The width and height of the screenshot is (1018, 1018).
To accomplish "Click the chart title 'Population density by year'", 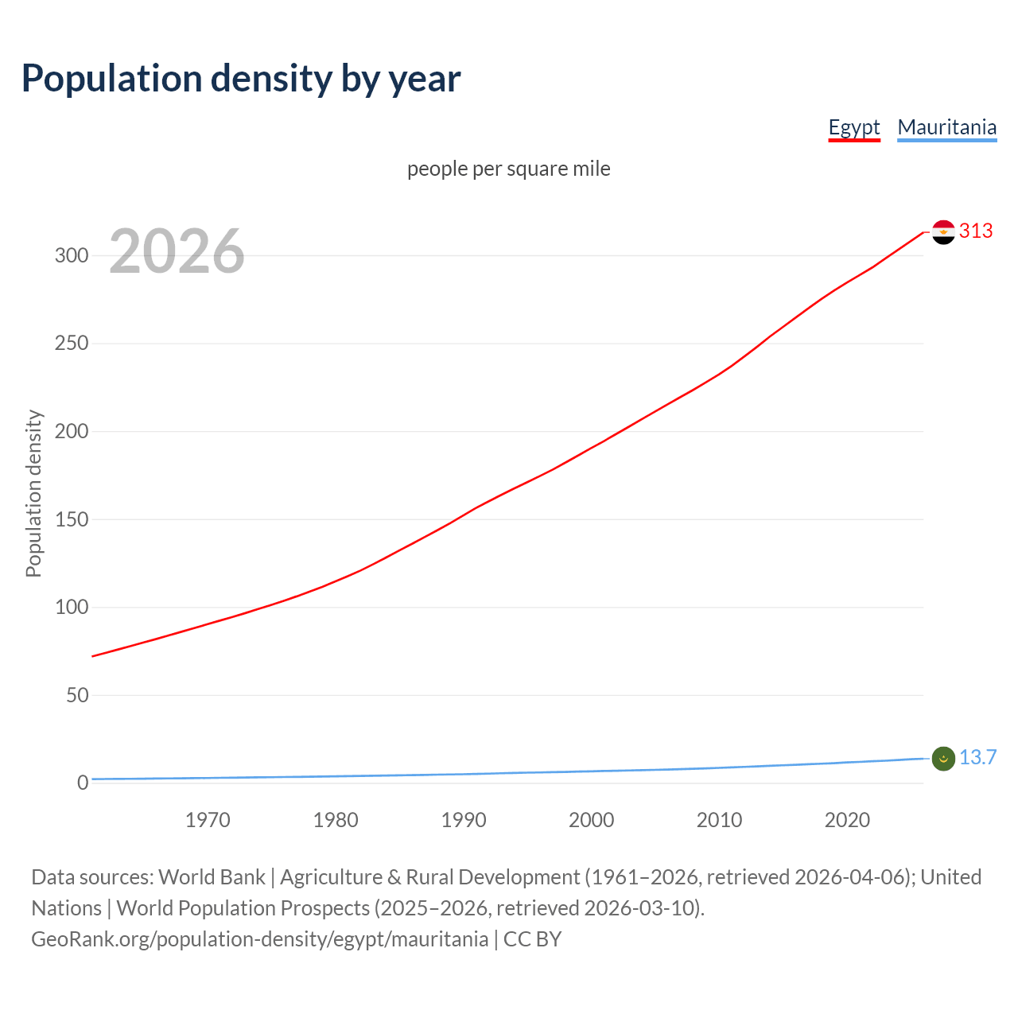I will pos(241,79).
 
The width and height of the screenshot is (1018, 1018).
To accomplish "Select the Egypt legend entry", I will pos(853,127).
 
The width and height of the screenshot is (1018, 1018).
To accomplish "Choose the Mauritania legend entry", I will pos(946,127).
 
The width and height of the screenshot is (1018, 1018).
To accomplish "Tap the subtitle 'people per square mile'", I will pos(508,169).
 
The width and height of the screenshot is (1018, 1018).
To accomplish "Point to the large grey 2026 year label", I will pos(177,251).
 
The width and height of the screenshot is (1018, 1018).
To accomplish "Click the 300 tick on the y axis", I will pos(72,255).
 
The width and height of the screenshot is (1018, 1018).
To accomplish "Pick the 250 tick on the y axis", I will pos(72,344).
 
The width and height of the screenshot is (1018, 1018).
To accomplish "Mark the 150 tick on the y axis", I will pos(72,519).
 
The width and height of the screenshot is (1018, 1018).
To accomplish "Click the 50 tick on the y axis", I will pos(77,695).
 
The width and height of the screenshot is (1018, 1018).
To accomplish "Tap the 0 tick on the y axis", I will pos(83,783).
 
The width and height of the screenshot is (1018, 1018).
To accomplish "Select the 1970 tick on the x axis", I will pos(208,820).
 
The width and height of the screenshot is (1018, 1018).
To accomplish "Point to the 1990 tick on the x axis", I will pos(464,820).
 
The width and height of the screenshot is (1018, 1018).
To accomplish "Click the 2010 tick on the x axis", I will pos(719,820).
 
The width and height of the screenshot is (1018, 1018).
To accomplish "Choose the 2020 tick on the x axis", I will pos(847,820).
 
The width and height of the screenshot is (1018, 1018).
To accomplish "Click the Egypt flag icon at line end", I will pos(943,232).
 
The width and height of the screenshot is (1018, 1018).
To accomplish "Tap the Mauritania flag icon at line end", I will pos(943,759).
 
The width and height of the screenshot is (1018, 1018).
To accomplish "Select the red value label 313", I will pos(976,231).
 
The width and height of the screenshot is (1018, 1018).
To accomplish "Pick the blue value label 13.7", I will pos(977,757).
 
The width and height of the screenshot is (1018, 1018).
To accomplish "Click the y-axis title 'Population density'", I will pos(33,493).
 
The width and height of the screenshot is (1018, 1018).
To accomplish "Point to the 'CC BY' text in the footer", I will pos(532,939).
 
